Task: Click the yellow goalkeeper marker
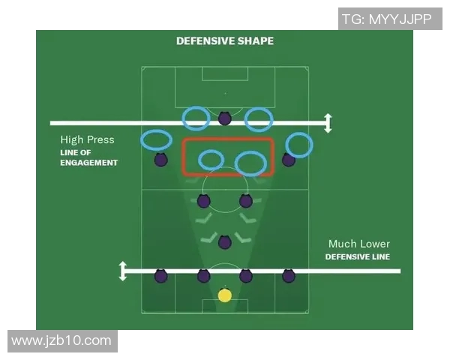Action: point(225,295)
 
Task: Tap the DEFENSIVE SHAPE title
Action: point(225,41)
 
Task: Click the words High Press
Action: point(87,139)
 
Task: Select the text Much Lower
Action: point(359,244)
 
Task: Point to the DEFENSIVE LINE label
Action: point(358,256)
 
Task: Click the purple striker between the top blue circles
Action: point(225,118)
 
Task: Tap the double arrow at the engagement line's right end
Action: point(328,123)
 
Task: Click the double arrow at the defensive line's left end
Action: point(123,271)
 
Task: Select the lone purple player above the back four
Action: point(225,242)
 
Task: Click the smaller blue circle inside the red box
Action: point(211,160)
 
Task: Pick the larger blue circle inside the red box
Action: point(250,163)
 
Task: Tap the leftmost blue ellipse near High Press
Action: point(156,140)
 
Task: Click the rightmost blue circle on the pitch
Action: point(299,145)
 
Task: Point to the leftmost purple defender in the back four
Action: point(160,276)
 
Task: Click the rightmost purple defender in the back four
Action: point(289,276)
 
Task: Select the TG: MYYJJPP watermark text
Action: point(387,19)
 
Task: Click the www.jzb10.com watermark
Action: point(61,341)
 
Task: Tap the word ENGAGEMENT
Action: point(89,163)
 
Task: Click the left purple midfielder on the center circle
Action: point(204,201)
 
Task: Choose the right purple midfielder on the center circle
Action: point(246,201)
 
